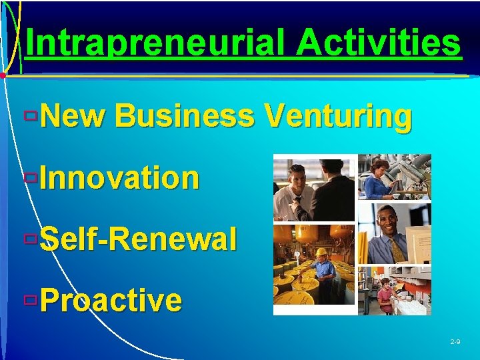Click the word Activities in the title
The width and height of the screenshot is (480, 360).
[x=379, y=43]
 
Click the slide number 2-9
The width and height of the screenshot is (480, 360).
[x=455, y=341]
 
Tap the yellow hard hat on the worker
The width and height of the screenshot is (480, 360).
[x=321, y=253]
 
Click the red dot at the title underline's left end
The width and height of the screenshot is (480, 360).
[x=3, y=76]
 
